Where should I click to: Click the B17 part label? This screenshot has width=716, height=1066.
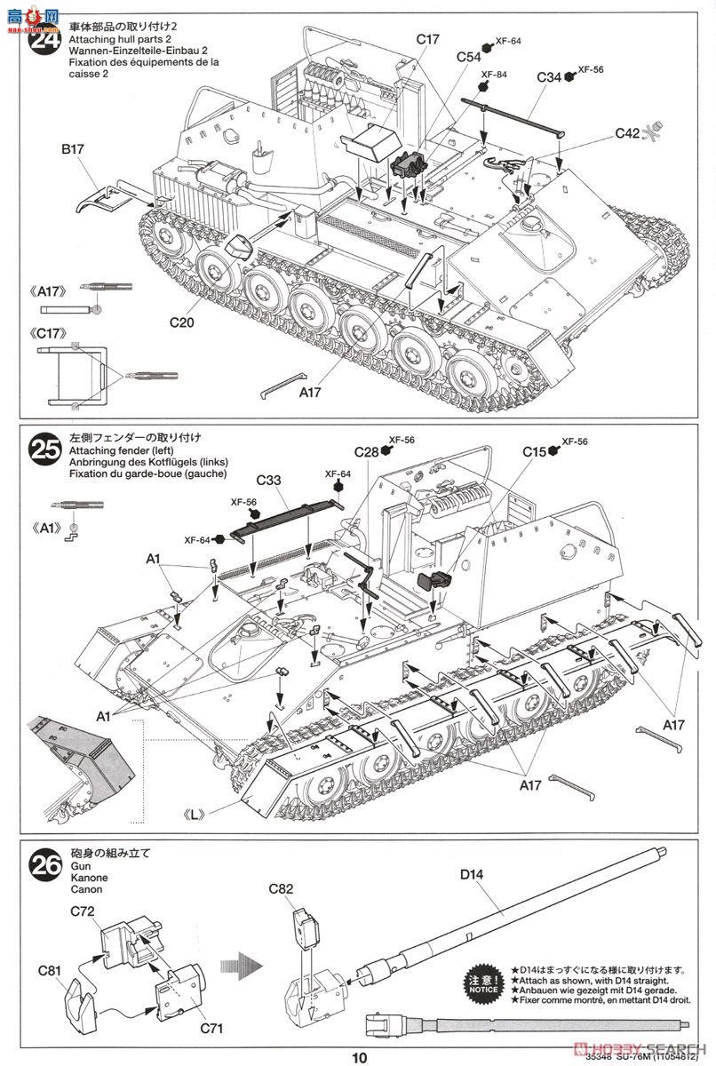tap(73, 150)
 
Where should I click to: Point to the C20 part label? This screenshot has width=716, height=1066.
tap(179, 322)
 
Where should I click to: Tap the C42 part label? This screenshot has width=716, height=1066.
tap(626, 133)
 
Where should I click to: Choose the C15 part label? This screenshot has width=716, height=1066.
tap(534, 452)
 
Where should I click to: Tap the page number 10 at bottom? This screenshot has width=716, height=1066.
tap(357, 1057)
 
